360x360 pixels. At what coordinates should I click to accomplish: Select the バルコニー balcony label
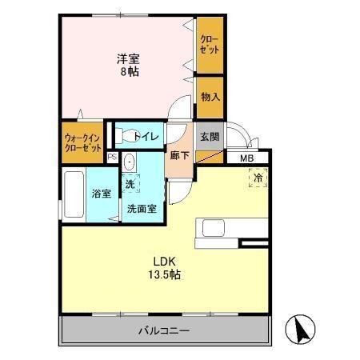click(167, 330)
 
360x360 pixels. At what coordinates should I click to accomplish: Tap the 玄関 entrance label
click(209, 135)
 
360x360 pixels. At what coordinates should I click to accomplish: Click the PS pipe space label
click(112, 158)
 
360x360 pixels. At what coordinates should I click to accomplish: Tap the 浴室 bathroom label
click(100, 194)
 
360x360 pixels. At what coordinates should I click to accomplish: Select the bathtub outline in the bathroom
click(71, 195)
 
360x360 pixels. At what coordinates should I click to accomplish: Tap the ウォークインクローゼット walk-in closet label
click(82, 143)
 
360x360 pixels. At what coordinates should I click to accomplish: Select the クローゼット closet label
click(210, 44)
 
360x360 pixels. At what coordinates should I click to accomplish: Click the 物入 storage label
click(210, 97)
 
